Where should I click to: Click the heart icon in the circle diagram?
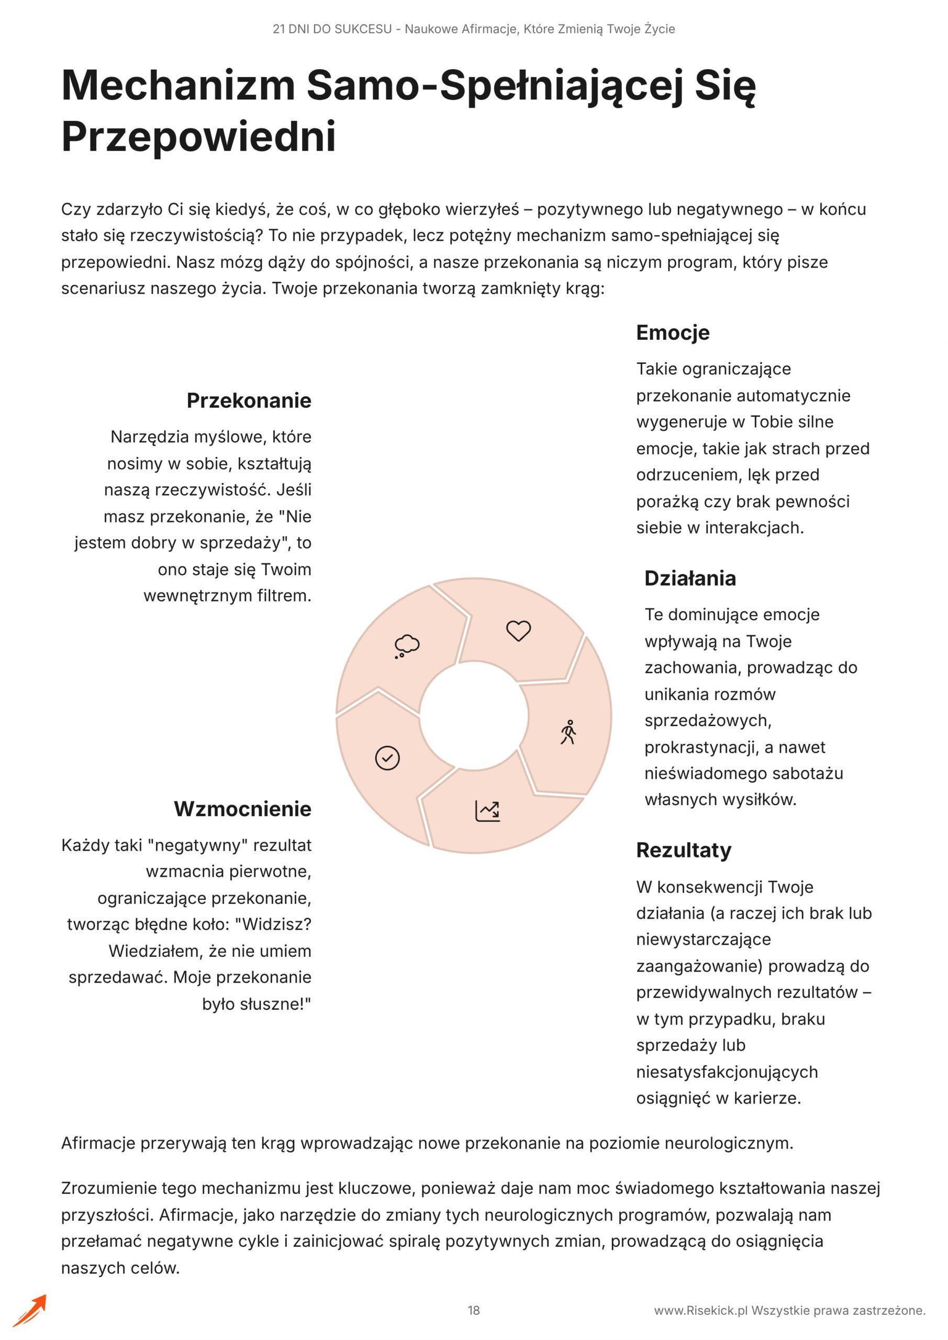pyautogui.click(x=518, y=631)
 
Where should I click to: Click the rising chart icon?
pyautogui.click(x=488, y=811)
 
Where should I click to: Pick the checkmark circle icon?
pyautogui.click(x=387, y=758)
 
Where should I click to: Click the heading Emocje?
pyautogui.click(x=673, y=333)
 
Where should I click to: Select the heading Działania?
pyautogui.click(x=690, y=578)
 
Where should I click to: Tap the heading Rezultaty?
pyautogui.click(x=684, y=851)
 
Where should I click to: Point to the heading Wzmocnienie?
pyautogui.click(x=242, y=809)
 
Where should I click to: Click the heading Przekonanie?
pyautogui.click(x=249, y=401)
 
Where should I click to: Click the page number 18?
pyautogui.click(x=473, y=1310)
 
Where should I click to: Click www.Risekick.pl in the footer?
pyautogui.click(x=700, y=1311)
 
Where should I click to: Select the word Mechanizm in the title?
pyautogui.click(x=179, y=85)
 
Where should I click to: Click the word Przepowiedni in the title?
pyautogui.click(x=198, y=137)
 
